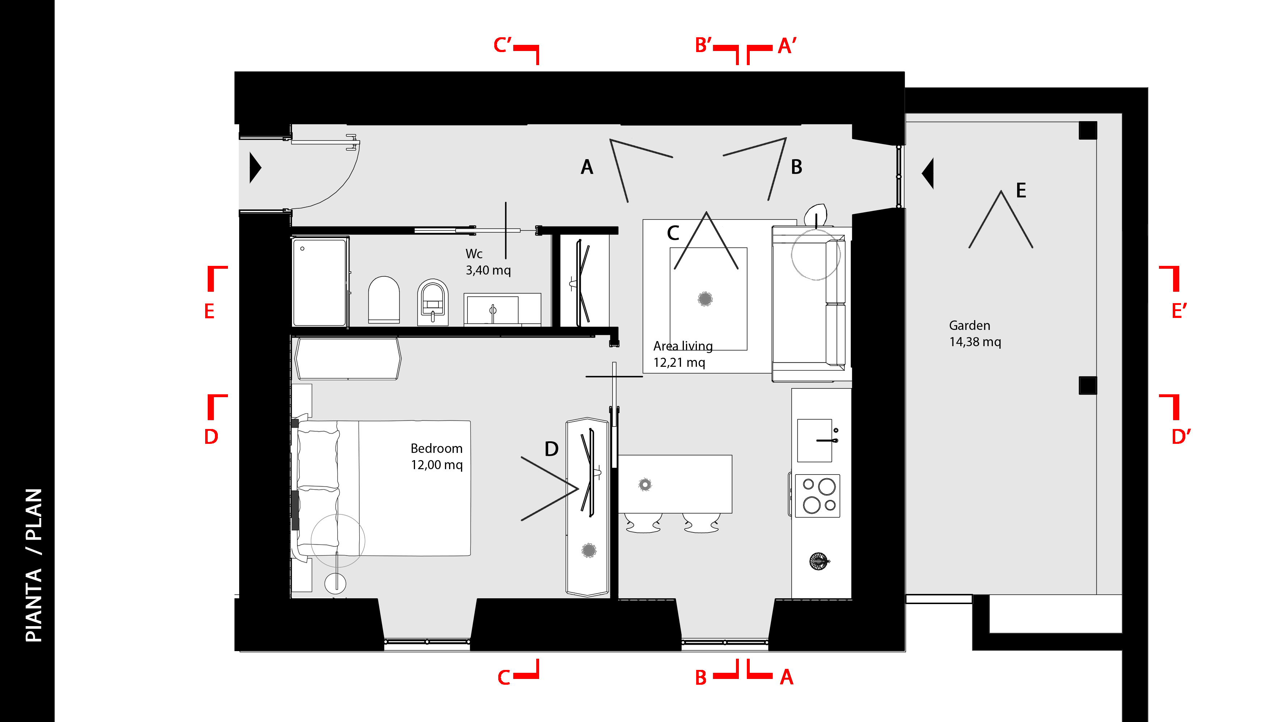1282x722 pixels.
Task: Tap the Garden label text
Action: click(x=969, y=326)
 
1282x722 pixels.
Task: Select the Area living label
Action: click(x=683, y=346)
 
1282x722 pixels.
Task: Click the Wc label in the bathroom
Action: click(x=474, y=254)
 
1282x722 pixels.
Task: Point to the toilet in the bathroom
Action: click(x=384, y=300)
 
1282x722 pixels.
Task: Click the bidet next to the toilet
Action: click(x=432, y=302)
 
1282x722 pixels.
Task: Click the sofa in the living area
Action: click(x=809, y=304)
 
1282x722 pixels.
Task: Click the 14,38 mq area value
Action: click(x=975, y=342)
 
